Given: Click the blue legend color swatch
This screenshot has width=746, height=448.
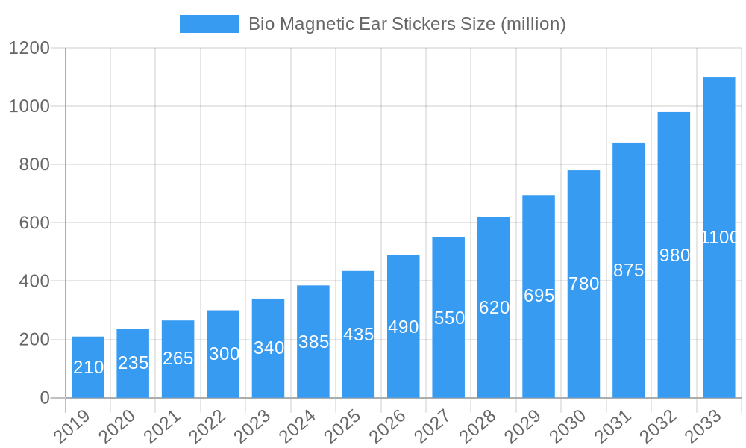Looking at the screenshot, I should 209,24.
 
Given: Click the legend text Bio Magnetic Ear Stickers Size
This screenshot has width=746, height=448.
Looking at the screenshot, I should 407,24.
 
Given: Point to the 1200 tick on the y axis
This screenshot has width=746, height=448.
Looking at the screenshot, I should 29,49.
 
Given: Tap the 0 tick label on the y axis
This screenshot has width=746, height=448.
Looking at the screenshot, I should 45,398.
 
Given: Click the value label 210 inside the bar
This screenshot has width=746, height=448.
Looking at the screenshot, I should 88,367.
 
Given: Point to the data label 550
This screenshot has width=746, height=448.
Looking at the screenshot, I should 449,318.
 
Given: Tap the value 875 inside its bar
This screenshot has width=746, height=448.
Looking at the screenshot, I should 628,271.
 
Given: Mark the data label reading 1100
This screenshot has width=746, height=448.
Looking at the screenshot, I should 719,237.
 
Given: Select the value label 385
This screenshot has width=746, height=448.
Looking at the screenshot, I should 313,342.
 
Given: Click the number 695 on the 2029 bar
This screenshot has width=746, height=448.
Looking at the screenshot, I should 539,296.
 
